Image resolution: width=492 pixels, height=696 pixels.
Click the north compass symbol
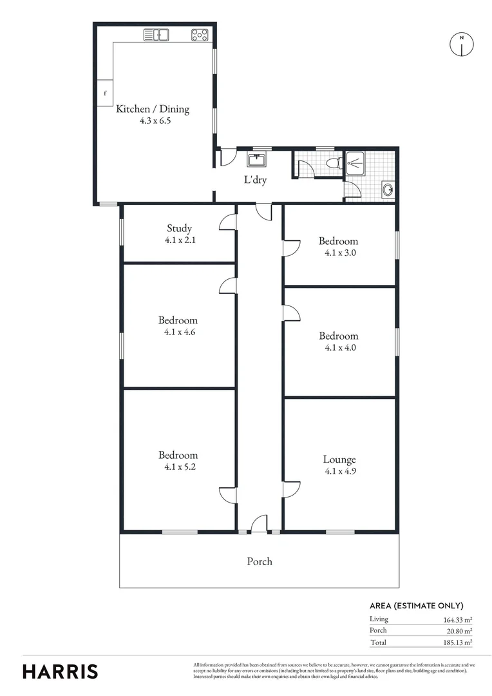pos(461,44)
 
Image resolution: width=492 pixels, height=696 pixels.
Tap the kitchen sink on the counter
pos(156,35)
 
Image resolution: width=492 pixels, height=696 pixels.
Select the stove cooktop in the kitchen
pos(200,35)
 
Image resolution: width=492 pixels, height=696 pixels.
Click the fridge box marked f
pos(105,93)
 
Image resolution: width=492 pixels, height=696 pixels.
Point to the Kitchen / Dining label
pos(153,109)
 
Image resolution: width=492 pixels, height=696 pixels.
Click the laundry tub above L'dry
pos(256,159)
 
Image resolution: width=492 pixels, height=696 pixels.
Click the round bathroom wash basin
pos(388,189)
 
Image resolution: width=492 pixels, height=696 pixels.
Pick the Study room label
pos(180,228)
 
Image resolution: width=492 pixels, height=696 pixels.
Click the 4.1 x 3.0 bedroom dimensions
pos(339,253)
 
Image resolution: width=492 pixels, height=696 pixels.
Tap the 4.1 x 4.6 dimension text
pos(178,332)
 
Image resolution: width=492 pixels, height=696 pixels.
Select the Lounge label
pos(339,459)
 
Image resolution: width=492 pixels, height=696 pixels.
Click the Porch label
pos(260,561)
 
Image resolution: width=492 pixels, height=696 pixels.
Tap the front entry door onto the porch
pos(259,524)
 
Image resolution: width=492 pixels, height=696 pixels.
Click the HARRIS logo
pos(61,671)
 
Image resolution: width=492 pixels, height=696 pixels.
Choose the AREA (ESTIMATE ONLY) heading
pos(416,606)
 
